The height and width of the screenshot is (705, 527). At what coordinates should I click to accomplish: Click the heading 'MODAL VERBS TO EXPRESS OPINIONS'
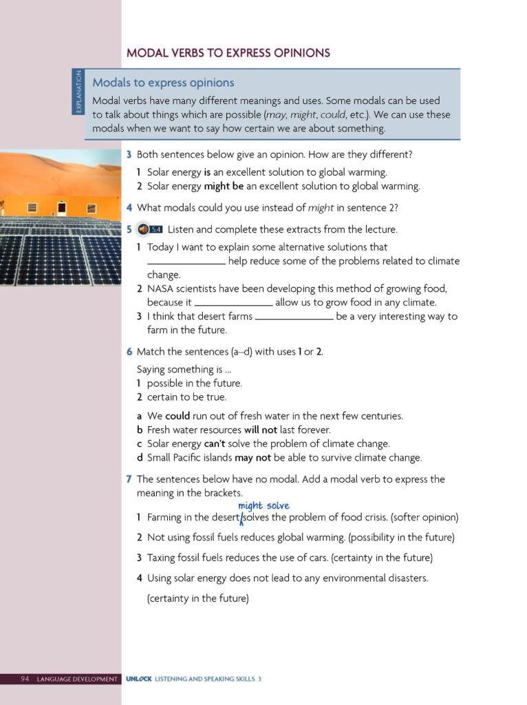pyautogui.click(x=228, y=52)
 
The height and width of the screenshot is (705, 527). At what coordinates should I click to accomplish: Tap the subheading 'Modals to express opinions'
pyautogui.click(x=163, y=83)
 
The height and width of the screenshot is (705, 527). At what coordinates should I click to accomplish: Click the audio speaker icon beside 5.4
pyautogui.click(x=143, y=229)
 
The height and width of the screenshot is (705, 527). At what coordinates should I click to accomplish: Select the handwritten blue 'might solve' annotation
pyautogui.click(x=263, y=506)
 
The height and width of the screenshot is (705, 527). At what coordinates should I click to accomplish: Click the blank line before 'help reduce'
pyautogui.click(x=186, y=262)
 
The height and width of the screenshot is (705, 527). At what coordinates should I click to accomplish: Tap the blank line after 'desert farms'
pyautogui.click(x=294, y=317)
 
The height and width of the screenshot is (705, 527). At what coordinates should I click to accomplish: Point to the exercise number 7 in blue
pyautogui.click(x=129, y=479)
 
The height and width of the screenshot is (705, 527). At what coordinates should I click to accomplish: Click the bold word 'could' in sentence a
pyautogui.click(x=178, y=416)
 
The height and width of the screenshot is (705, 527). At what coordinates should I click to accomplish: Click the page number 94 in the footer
pyautogui.click(x=25, y=680)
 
